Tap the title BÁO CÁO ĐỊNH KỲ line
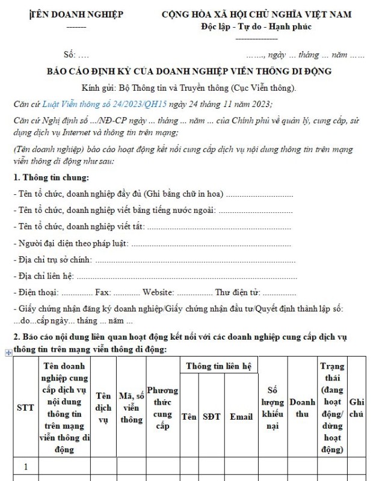(189, 71)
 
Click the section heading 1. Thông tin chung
(51, 177)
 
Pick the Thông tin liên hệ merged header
(218, 366)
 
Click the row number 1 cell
(25, 466)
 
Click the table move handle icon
(8, 353)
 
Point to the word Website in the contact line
(158, 293)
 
